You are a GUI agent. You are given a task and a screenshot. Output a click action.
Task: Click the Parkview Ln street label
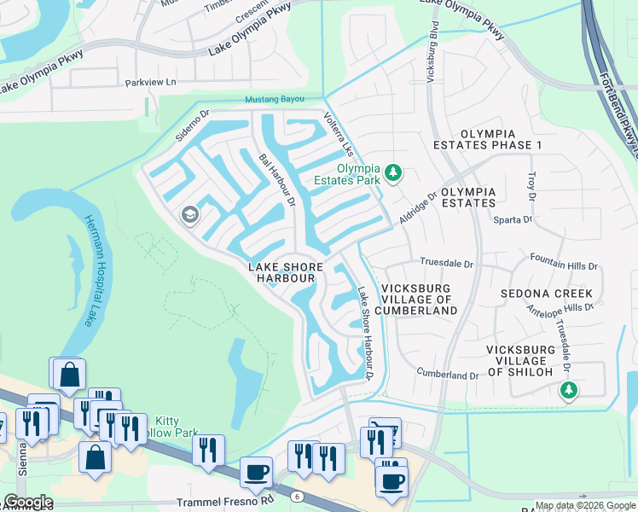pos(149,83)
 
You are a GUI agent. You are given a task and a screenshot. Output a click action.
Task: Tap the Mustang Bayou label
pos(274,100)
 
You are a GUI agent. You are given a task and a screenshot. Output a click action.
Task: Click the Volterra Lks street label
pos(338,133)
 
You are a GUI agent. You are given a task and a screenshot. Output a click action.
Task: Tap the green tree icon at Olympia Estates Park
pos(392,173)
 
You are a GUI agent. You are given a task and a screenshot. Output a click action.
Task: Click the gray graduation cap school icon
pos(189,215)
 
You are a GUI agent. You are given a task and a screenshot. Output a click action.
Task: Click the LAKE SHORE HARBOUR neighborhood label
pos(282,272)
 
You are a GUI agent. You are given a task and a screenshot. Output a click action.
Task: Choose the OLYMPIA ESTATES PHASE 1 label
pos(501,139)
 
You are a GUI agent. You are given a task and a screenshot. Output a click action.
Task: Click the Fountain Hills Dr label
pos(563,266)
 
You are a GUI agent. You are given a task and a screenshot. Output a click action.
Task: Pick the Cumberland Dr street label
pos(447,375)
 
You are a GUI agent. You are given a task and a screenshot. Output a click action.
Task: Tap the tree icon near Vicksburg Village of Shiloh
pos(569,390)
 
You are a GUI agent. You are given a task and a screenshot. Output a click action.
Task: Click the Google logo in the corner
pos(27,502)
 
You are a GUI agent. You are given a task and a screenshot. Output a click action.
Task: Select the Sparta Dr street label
pos(513,220)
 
